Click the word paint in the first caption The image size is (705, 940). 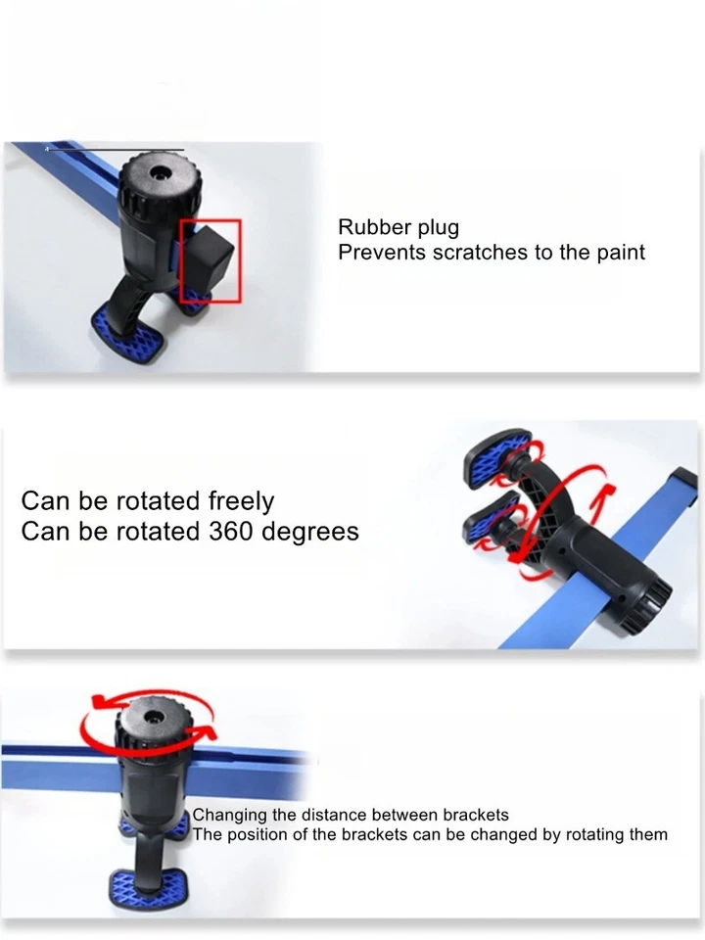621,253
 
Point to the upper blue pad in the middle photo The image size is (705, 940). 498,460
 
